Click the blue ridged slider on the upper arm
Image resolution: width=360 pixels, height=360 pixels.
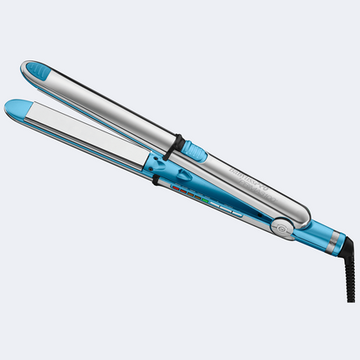(x=194, y=152)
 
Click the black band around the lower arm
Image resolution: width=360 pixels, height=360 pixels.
(x=157, y=181)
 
